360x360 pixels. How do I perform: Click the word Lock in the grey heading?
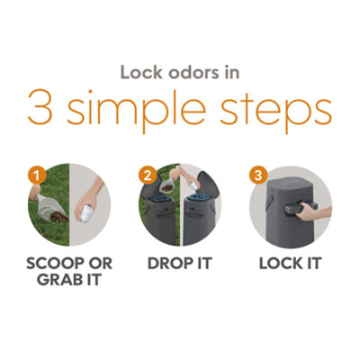point(141,72)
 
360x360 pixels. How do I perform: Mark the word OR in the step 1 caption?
point(102,265)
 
